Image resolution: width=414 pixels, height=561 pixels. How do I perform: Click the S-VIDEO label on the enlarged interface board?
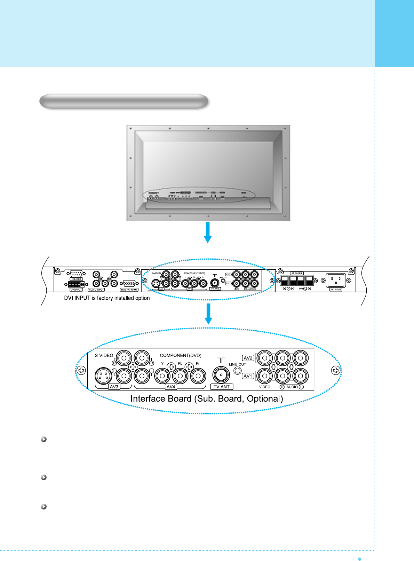coord(104,355)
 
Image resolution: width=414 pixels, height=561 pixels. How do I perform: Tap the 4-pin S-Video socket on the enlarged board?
coord(103,376)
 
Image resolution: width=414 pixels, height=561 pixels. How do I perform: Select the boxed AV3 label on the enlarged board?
coord(114,387)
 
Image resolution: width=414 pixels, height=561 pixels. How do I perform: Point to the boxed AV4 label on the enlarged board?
coord(170,387)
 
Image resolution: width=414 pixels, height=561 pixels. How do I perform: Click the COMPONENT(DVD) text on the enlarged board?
coord(181,355)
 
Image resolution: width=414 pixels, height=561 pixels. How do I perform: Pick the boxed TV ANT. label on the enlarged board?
coord(222,387)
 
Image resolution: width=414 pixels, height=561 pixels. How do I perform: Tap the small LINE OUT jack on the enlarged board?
coord(238,371)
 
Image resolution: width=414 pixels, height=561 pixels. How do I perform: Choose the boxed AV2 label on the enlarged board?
coord(248,358)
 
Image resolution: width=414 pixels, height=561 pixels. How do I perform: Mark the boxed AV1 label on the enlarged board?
coord(248,376)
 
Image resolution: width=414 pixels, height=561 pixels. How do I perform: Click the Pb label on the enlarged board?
coord(180,363)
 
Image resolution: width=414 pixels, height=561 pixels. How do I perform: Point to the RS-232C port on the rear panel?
coord(76,274)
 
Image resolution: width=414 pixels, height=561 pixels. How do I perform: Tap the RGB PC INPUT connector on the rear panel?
coord(129,283)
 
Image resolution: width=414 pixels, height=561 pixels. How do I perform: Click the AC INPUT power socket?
coord(335,280)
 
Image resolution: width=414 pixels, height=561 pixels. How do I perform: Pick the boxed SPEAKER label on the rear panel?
coord(297,273)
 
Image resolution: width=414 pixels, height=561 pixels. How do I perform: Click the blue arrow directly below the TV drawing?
coord(208,232)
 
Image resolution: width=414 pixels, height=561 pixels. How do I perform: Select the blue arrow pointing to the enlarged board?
coord(208,314)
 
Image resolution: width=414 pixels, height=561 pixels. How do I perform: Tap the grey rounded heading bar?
coord(124,101)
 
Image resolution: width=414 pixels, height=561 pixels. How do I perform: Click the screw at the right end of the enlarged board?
coord(335,370)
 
